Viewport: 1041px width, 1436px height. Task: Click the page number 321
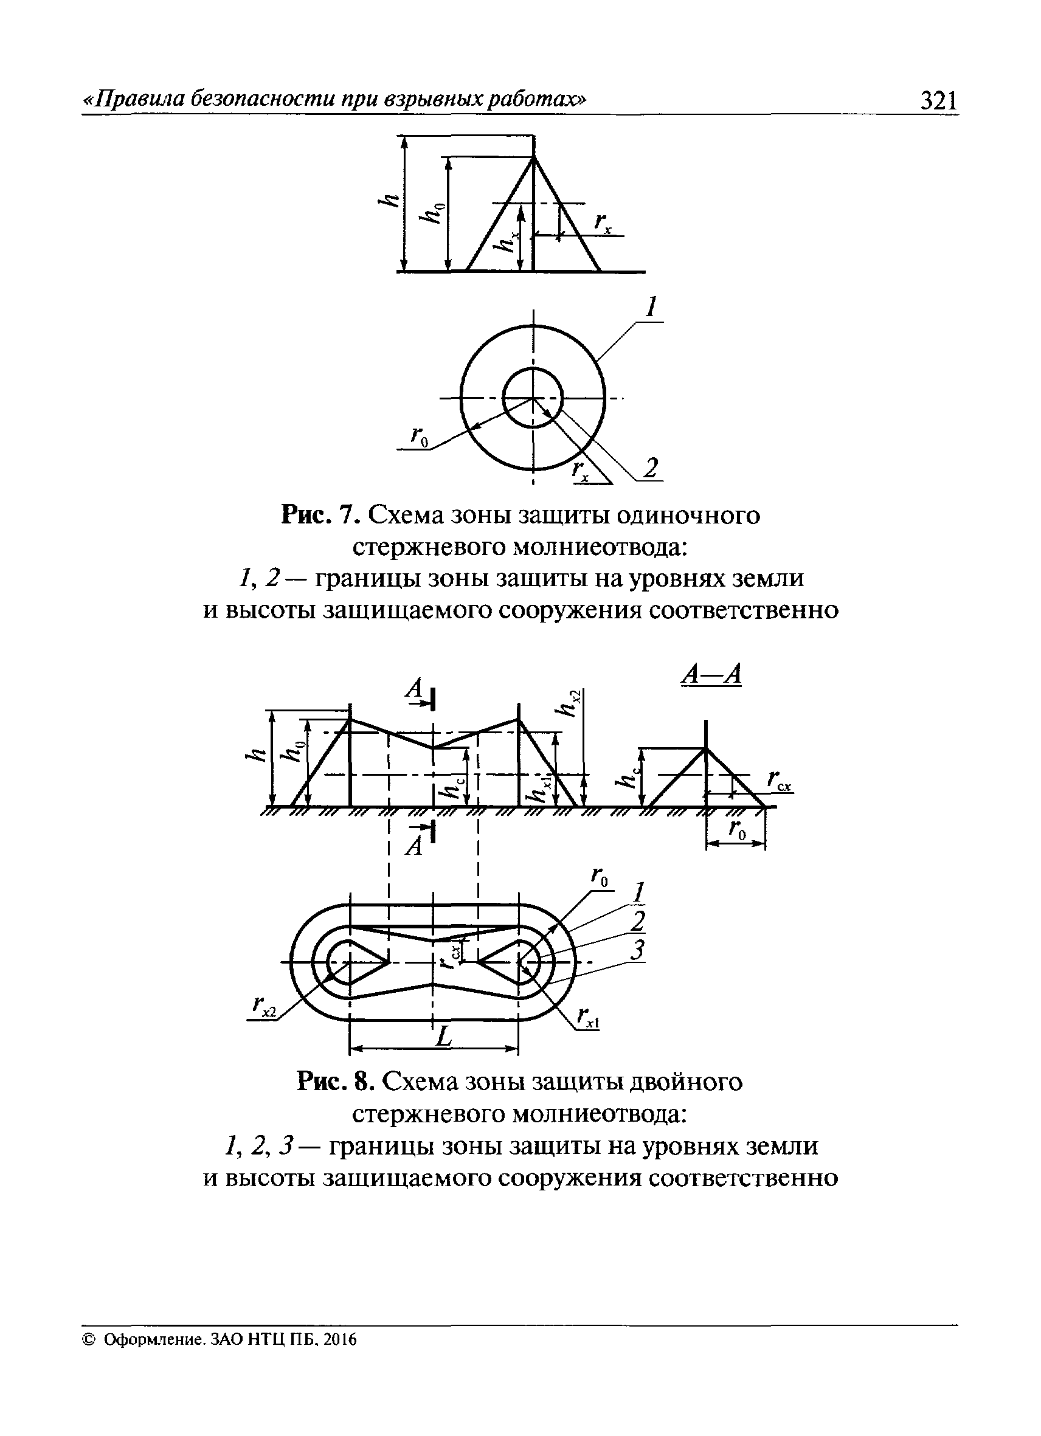click(x=938, y=101)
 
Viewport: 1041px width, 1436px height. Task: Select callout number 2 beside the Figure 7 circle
click(x=650, y=469)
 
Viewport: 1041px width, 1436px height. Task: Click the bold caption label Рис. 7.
click(x=320, y=516)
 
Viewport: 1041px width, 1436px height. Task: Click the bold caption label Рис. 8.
click(x=336, y=1082)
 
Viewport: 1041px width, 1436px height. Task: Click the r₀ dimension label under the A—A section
click(x=738, y=830)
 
